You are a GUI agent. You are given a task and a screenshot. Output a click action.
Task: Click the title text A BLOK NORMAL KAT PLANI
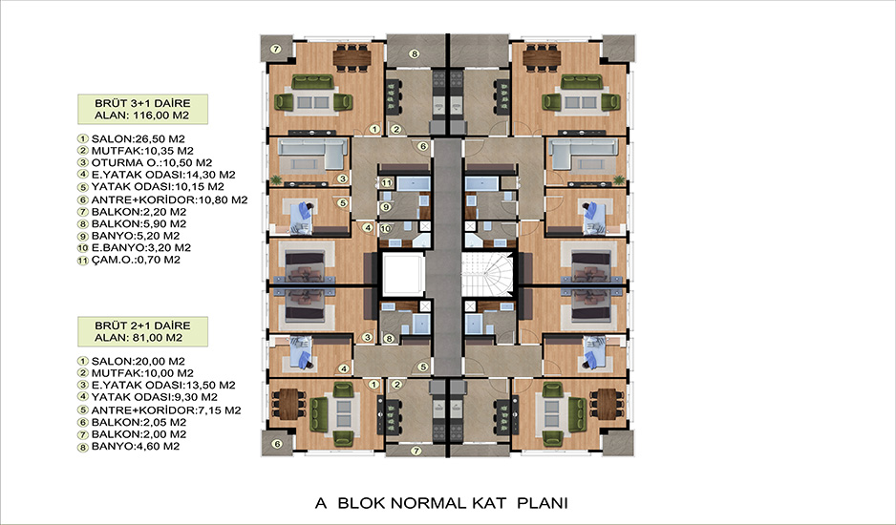pos(441,503)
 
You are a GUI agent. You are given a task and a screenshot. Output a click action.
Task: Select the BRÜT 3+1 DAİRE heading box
pos(143,109)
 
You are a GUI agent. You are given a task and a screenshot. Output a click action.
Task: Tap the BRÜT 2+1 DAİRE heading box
pos(143,331)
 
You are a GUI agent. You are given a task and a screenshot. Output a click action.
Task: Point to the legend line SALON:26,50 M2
pos(132,138)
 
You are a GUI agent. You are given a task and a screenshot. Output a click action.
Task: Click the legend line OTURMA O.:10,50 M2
pos(145,163)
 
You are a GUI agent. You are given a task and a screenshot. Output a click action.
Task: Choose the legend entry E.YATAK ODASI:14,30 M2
pos(157,175)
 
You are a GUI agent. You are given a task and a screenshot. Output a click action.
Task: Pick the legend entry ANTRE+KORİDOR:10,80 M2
pos(162,199)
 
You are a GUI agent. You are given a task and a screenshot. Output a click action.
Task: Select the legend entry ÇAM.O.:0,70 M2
pos(129,260)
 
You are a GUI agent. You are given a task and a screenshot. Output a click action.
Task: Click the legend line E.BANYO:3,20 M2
pos(135,248)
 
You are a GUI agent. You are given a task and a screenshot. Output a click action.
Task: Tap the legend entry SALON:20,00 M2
pos(132,361)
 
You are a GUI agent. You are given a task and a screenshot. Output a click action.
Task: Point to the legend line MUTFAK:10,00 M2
pos(136,373)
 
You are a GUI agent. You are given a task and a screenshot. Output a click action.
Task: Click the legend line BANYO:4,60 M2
pos(129,446)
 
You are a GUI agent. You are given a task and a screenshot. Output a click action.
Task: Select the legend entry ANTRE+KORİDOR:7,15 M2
pos(160,410)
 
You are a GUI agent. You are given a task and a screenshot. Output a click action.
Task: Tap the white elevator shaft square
pos(403,275)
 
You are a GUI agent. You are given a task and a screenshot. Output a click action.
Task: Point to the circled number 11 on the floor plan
pos(387,183)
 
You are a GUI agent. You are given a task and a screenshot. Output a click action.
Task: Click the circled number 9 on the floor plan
pos(386,207)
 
